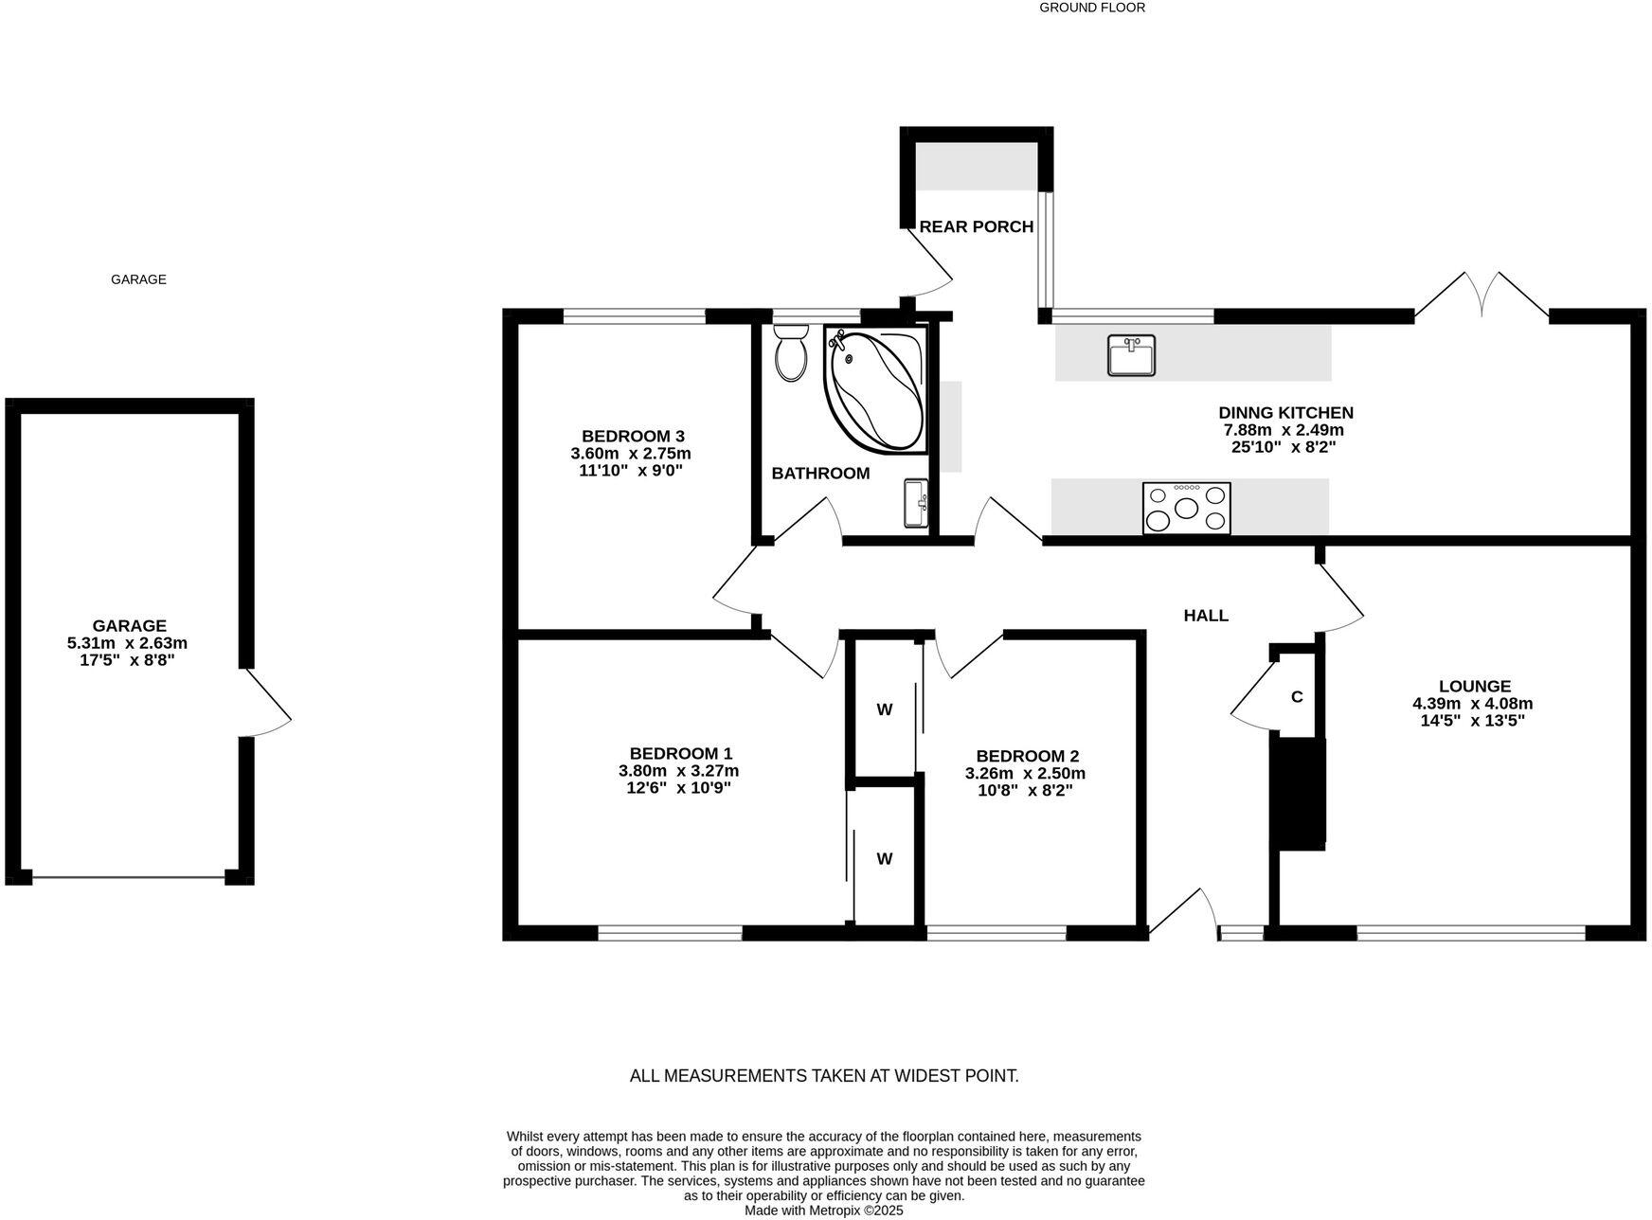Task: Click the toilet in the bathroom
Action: [x=790, y=353]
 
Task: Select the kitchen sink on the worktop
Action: [x=1131, y=355]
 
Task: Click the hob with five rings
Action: [x=1186, y=509]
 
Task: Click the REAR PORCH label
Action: [x=976, y=227]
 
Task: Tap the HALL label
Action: [x=1206, y=616]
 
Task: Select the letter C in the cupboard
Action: [x=1297, y=697]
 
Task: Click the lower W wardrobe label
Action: [x=884, y=859]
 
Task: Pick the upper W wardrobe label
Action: [x=884, y=709]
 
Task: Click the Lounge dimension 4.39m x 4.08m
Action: [x=1472, y=704]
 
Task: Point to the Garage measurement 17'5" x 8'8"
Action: [x=127, y=660]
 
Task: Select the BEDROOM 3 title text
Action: [x=633, y=437]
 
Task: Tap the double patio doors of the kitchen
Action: [x=1481, y=296]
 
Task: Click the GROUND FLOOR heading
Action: [x=1092, y=8]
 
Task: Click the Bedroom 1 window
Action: [x=670, y=934]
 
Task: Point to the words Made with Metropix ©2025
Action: [x=823, y=1211]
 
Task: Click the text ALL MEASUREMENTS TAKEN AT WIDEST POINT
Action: [x=824, y=1076]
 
